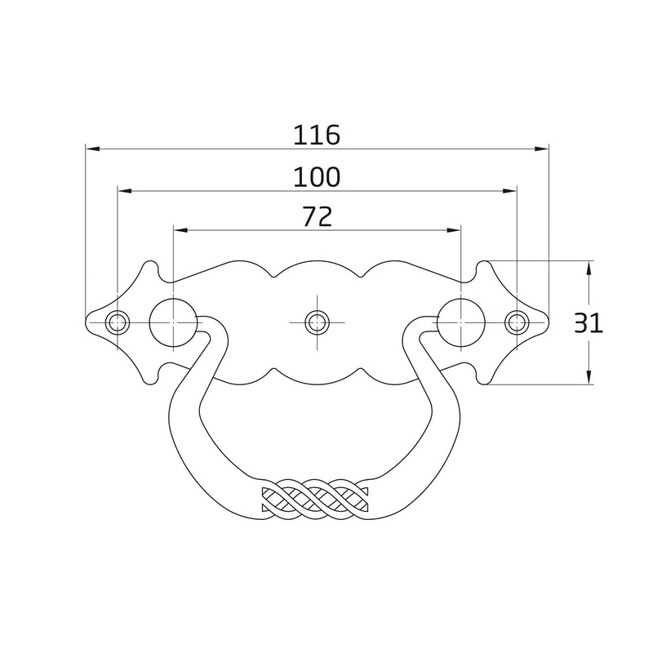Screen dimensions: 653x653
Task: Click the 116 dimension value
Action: click(317, 135)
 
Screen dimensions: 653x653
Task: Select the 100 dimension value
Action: click(317, 176)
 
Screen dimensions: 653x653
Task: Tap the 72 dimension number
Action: click(318, 216)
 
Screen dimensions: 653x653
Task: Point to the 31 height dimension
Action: click(589, 323)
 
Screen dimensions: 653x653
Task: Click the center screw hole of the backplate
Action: click(317, 322)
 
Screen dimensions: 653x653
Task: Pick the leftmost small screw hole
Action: click(118, 322)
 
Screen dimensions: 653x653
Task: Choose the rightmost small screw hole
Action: click(517, 322)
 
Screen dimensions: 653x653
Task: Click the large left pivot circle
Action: click(173, 322)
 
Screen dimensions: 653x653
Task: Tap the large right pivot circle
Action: click(461, 322)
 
